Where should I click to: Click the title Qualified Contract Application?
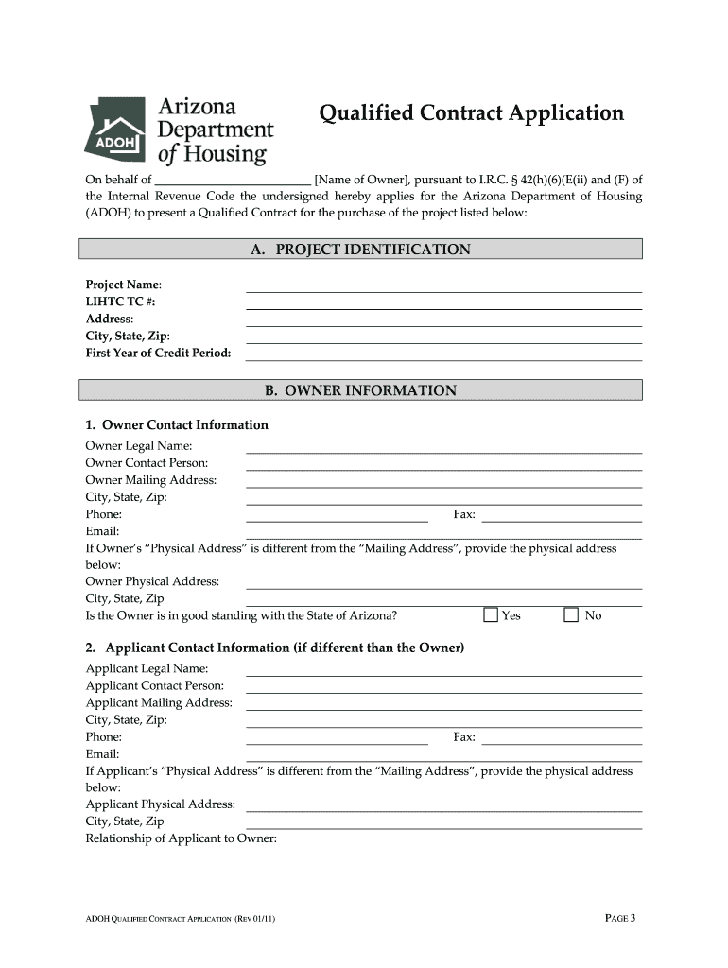(471, 113)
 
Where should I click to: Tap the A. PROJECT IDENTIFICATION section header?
(360, 250)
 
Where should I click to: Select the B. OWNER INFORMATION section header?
(360, 390)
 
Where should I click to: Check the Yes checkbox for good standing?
(491, 615)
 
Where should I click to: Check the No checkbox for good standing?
(571, 615)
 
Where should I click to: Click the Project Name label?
(123, 285)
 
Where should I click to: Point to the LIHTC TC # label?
(121, 302)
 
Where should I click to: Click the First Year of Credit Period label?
(158, 354)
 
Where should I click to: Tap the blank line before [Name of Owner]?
(233, 180)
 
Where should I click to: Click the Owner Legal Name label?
(139, 446)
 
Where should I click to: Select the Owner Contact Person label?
(147, 463)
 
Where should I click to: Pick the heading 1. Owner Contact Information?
(177, 425)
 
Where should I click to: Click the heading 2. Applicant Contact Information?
(274, 648)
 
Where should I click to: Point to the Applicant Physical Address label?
(160, 804)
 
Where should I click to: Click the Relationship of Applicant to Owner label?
(181, 838)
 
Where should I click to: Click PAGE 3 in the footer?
(619, 918)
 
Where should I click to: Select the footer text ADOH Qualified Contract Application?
(180, 919)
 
